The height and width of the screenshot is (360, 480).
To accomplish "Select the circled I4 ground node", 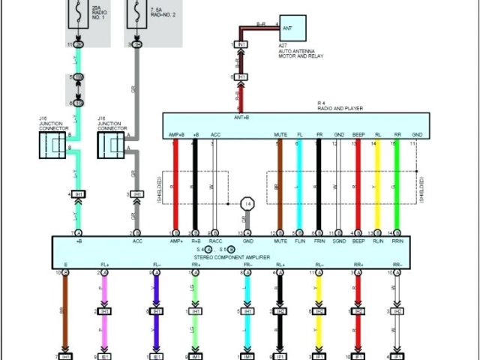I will click(x=247, y=203).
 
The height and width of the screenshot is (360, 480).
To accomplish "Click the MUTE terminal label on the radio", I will click(x=280, y=135).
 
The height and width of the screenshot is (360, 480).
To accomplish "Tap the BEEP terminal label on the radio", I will click(x=358, y=135).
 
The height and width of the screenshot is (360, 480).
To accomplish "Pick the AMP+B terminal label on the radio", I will click(x=176, y=135).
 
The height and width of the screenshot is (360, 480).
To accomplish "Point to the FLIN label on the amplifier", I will click(x=299, y=241).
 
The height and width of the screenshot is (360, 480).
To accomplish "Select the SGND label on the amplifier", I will click(x=339, y=241).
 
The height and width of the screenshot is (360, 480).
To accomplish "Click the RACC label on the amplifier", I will click(x=215, y=241).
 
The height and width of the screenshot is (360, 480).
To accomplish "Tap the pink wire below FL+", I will click(x=103, y=292).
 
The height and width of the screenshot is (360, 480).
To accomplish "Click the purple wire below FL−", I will click(x=156, y=292).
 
